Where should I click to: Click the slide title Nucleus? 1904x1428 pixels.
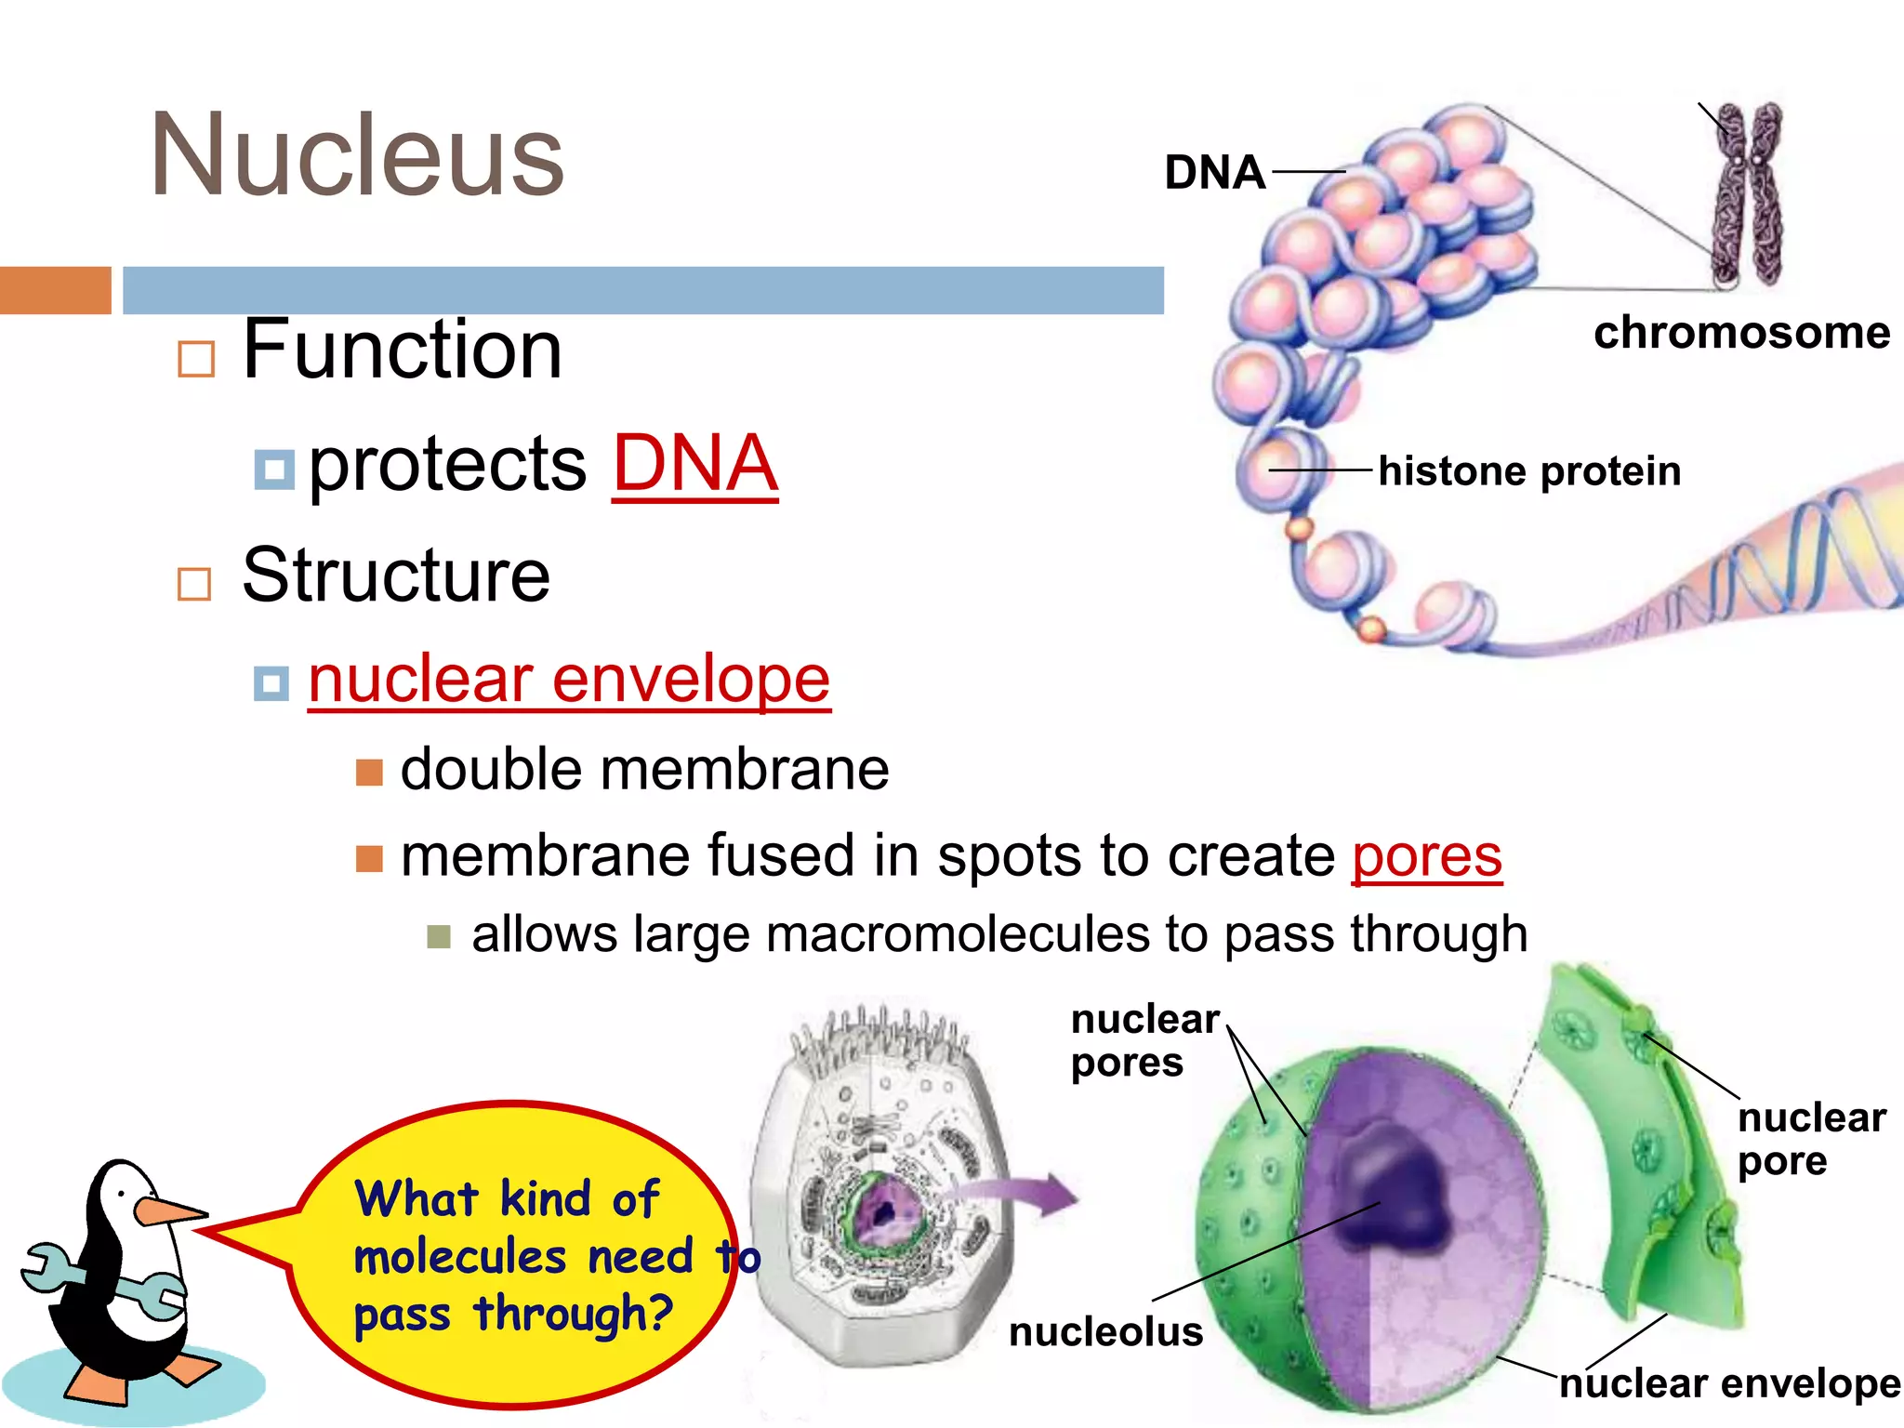click(357, 155)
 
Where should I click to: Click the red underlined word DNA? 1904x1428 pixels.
click(694, 464)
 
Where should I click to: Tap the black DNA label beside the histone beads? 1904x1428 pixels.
click(1214, 173)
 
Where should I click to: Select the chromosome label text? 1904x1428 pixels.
click(1741, 333)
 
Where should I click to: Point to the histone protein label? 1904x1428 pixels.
click(1529, 471)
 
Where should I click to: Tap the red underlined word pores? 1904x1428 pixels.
click(1426, 855)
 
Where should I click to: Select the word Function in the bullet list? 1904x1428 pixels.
click(402, 350)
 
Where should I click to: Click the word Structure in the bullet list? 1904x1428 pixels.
click(396, 575)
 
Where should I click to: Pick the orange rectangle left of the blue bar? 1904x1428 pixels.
click(55, 290)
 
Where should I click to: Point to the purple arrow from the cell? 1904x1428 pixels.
click(1023, 1194)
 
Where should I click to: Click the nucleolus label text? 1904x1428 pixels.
click(1105, 1332)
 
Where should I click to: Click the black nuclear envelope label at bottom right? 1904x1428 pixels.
click(1729, 1384)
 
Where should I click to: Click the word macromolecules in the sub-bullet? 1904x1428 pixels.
click(957, 934)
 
